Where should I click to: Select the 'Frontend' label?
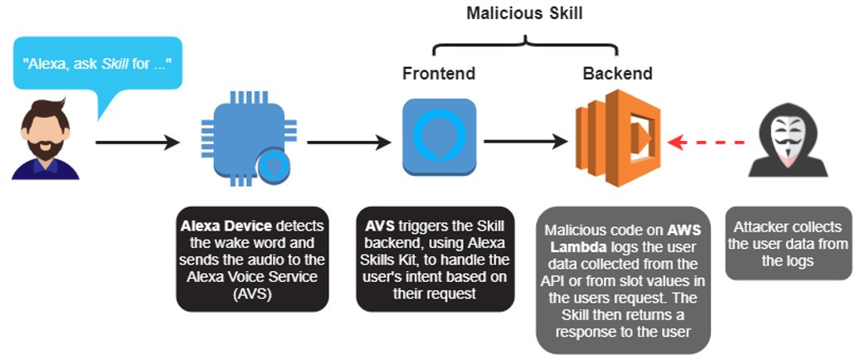[x=439, y=74]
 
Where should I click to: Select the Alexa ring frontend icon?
[x=439, y=136]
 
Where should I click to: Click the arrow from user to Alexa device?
[x=138, y=143]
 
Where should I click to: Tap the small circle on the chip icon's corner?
[x=270, y=167]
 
